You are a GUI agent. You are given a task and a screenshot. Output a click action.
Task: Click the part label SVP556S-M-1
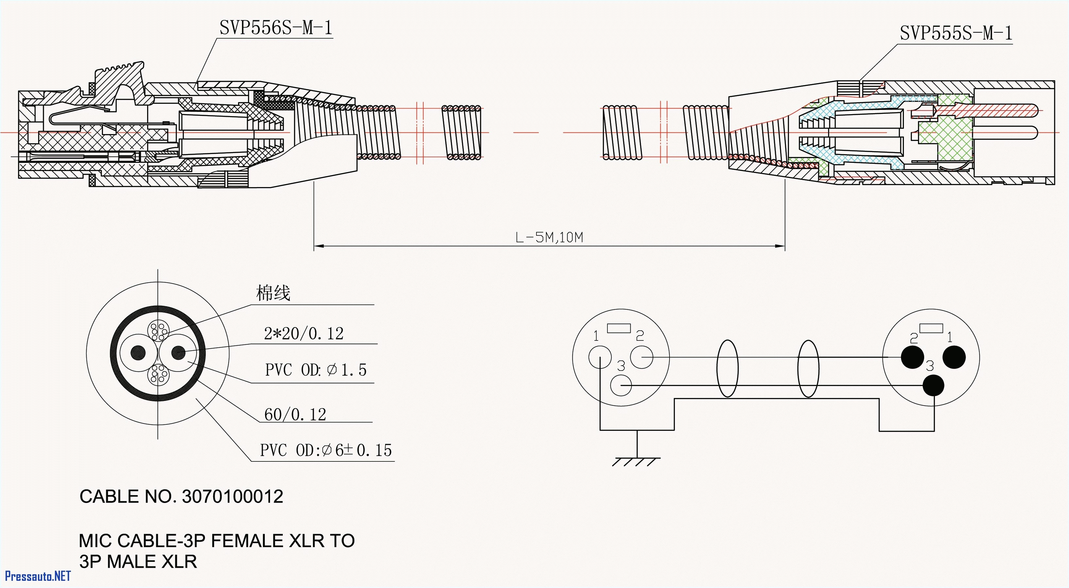pyautogui.click(x=276, y=28)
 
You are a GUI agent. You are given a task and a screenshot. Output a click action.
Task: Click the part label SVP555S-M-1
pyautogui.click(x=956, y=33)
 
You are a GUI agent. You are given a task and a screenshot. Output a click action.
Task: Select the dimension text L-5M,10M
pyautogui.click(x=549, y=237)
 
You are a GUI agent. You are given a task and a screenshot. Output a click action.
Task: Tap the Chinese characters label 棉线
pyautogui.click(x=273, y=293)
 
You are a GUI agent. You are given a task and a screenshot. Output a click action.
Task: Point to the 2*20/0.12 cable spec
pyautogui.click(x=304, y=334)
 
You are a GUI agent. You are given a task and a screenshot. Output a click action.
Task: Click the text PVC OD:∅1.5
pyautogui.click(x=315, y=370)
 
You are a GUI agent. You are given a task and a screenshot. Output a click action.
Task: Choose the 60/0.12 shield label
pyautogui.click(x=295, y=414)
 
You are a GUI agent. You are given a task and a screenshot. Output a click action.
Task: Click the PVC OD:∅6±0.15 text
pyautogui.click(x=326, y=450)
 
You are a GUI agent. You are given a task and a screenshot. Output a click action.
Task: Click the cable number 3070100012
pyautogui.click(x=232, y=497)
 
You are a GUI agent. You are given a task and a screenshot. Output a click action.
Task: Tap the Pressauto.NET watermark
pyautogui.click(x=37, y=576)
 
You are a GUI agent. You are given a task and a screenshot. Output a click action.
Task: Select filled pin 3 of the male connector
pyautogui.click(x=933, y=385)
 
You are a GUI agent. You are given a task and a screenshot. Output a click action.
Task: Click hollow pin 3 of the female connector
pyautogui.click(x=621, y=385)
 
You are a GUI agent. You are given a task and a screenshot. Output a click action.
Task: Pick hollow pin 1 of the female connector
pyautogui.click(x=600, y=357)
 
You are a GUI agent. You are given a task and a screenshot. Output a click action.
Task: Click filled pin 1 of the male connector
pyautogui.click(x=954, y=357)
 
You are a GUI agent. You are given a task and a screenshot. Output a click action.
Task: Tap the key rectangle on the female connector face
pyautogui.click(x=619, y=328)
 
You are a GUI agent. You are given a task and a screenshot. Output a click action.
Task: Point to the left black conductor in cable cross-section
pyautogui.click(x=138, y=353)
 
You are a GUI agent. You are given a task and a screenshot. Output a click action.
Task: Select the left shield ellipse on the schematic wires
pyautogui.click(x=727, y=368)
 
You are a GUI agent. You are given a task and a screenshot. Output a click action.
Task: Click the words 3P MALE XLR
pyautogui.click(x=138, y=562)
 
